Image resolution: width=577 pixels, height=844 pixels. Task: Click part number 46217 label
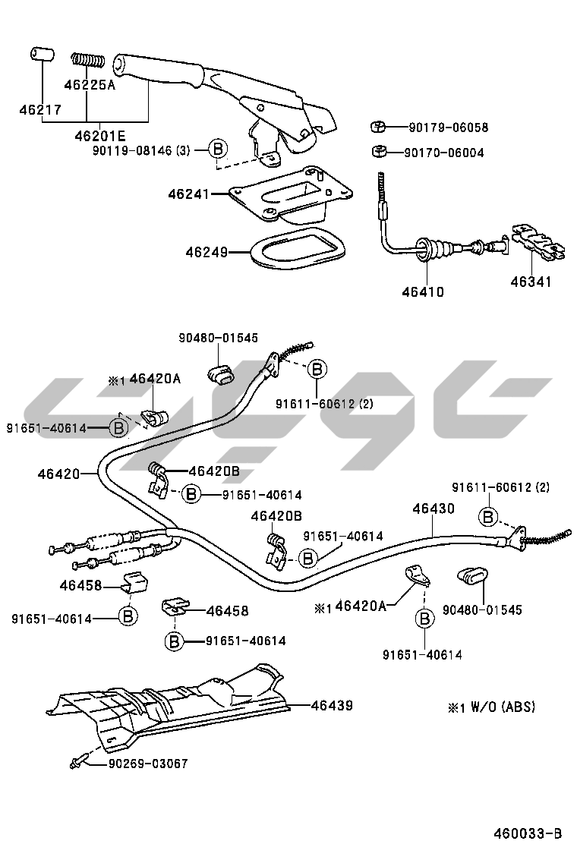click(x=40, y=110)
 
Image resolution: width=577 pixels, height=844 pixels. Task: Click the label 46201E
click(x=99, y=137)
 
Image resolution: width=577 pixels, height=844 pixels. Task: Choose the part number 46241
click(x=188, y=194)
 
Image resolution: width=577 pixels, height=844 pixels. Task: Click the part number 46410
click(x=424, y=291)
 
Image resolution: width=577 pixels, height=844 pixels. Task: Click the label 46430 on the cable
click(x=434, y=509)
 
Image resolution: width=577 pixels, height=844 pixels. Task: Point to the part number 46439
click(x=332, y=705)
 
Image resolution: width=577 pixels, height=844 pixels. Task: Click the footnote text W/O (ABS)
click(x=501, y=707)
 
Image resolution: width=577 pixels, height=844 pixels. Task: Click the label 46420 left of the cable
click(x=58, y=474)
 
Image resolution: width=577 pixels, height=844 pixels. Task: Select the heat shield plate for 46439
click(x=175, y=706)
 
